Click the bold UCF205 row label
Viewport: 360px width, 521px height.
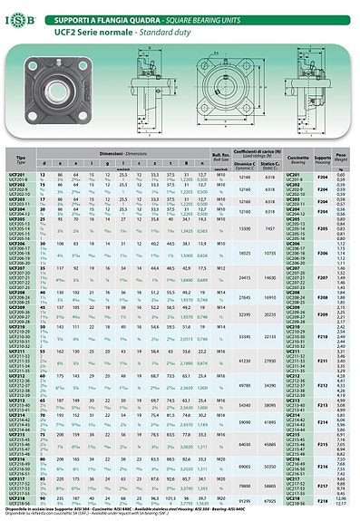coord(17,219)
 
